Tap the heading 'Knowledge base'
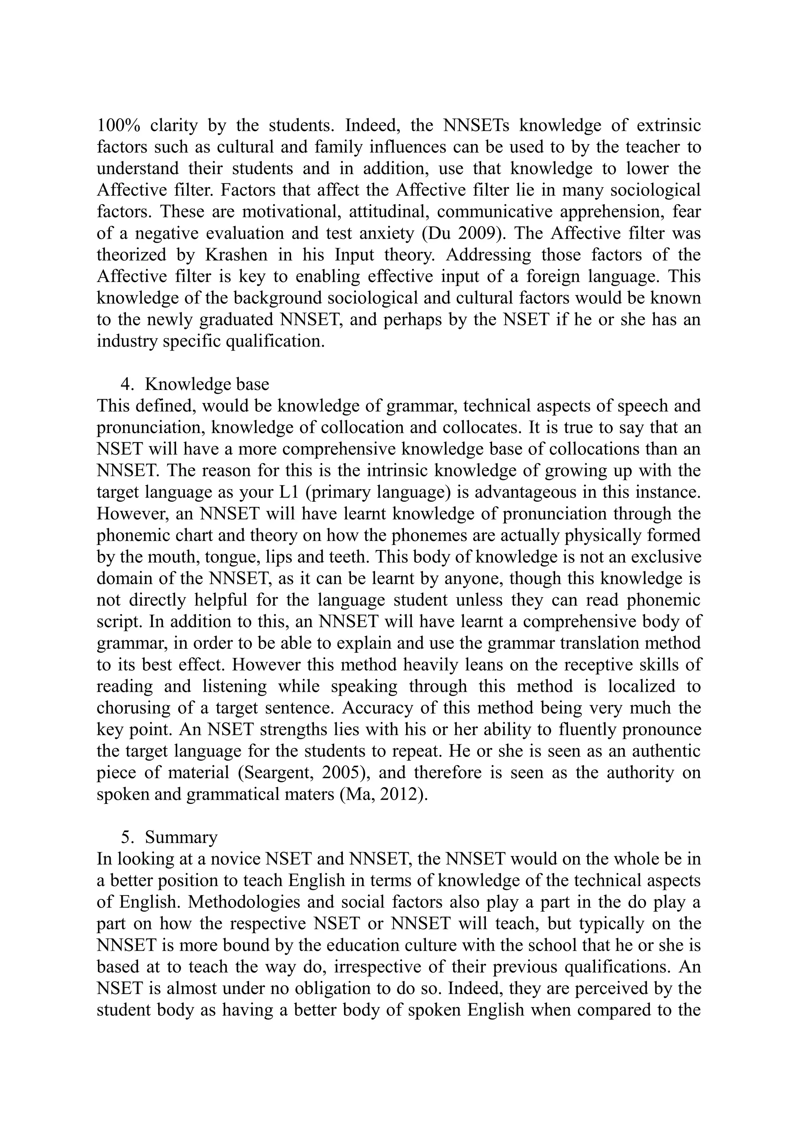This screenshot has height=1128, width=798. click(x=207, y=384)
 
